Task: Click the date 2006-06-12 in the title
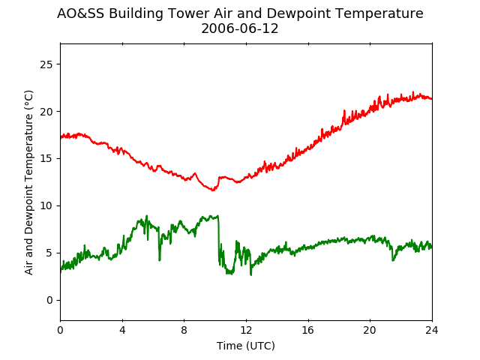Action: (240, 28)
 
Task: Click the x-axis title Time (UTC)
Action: (246, 346)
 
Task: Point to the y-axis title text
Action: (28, 182)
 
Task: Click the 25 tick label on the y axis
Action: (46, 64)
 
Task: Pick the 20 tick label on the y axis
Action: (46, 112)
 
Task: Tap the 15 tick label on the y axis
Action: (46, 159)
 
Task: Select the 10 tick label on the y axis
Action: (46, 206)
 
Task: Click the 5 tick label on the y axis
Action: (49, 253)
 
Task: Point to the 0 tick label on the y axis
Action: (49, 300)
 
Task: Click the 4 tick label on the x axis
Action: (122, 330)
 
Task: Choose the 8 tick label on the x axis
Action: (184, 330)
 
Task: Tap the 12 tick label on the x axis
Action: (246, 330)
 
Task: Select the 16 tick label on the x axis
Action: (308, 330)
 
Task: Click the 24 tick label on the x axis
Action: (432, 330)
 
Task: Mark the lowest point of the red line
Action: (213, 190)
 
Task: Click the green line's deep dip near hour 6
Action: (160, 260)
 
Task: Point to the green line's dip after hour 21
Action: (393, 260)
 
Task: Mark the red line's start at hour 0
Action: (61, 137)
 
